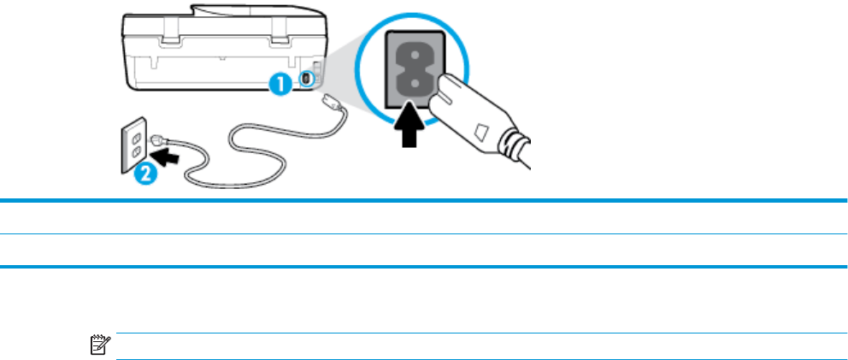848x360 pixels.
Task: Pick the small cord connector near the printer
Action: pos(330,101)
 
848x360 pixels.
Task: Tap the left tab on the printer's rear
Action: pos(168,37)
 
